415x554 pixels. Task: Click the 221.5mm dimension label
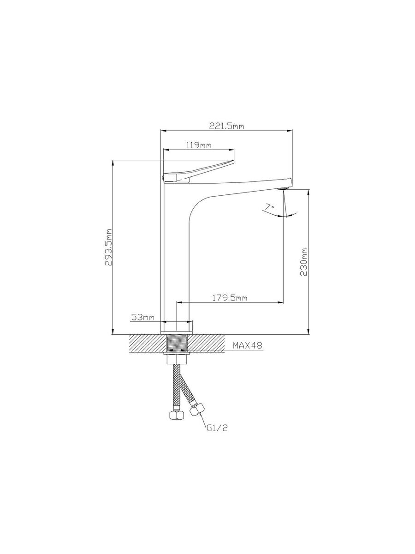[226, 126]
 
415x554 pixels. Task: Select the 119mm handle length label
[199, 145]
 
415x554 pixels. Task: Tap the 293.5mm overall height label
[108, 247]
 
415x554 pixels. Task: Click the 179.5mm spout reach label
[230, 298]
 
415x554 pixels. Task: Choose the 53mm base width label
[142, 317]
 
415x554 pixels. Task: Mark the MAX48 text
[247, 345]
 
